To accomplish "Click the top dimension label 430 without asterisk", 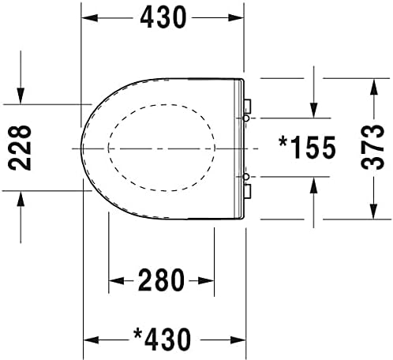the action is point(163,17).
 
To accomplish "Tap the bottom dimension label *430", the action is point(162,339).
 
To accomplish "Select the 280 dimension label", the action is point(161,280).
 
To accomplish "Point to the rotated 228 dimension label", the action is point(20,148).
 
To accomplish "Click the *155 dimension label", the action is point(307,148).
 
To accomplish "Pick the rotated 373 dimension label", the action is point(372,147).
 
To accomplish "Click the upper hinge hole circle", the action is point(246,118).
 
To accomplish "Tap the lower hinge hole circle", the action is point(246,177).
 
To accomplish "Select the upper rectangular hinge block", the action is point(248,107).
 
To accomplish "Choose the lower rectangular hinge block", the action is point(248,191).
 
